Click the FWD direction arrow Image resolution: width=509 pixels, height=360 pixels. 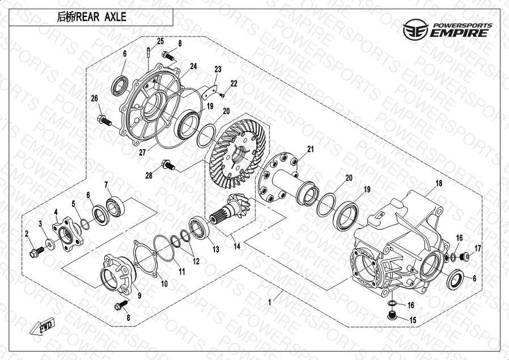pos(42,326)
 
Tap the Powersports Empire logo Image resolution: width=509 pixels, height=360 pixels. pos(448,29)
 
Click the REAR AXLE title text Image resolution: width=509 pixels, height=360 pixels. pos(92,17)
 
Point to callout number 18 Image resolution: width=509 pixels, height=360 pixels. pos(439,184)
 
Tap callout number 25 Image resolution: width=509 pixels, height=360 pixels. pos(160,41)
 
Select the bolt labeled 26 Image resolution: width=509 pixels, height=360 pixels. pos(104,120)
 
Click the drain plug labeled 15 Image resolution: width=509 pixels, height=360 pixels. pos(392,315)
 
